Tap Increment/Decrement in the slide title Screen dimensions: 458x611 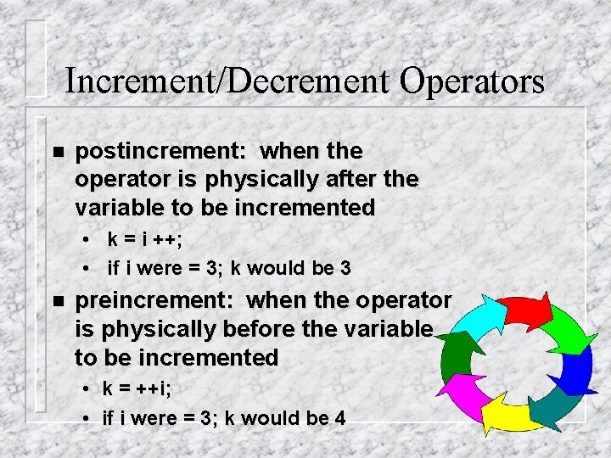coord(226,81)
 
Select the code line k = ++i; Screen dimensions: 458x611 coord(137,389)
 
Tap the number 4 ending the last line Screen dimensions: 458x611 coord(339,417)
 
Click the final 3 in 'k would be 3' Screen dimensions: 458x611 coord(345,268)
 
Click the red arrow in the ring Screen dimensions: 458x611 coord(524,310)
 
